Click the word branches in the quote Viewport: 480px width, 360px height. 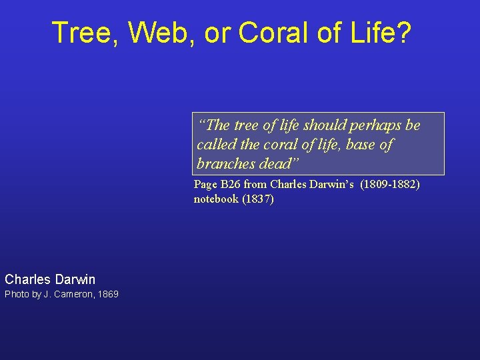226,163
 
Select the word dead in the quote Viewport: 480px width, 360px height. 277,163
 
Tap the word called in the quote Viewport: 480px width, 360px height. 215,145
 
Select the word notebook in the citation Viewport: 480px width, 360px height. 216,199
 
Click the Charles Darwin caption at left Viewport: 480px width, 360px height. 50,279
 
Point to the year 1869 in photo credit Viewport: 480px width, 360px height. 108,295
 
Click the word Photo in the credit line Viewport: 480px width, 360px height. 14,295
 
